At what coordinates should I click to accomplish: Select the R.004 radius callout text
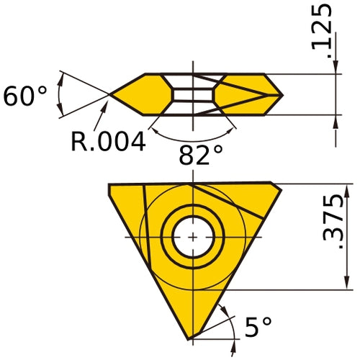coord(108,140)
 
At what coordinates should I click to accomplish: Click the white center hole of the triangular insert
coord(193,237)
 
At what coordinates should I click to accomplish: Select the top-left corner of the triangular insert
coord(110,186)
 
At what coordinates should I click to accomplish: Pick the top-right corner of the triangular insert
coord(279,185)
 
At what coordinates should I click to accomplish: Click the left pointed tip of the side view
coord(111,94)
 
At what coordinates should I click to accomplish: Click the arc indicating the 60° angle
coord(60,94)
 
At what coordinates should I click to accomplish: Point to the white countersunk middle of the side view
coord(193,94)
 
